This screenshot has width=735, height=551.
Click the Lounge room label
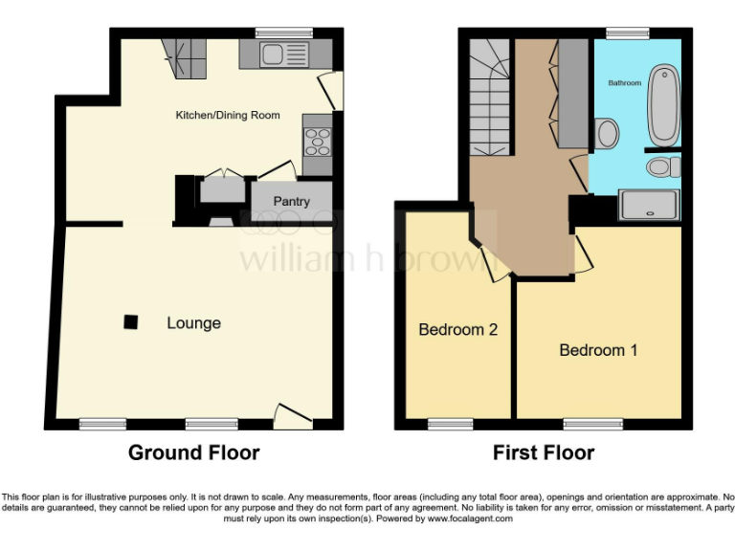pyautogui.click(x=193, y=323)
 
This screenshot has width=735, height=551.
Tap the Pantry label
pyautogui.click(x=291, y=202)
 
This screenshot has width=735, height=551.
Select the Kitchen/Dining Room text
pyautogui.click(x=227, y=115)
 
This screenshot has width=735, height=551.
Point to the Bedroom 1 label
pyautogui.click(x=598, y=350)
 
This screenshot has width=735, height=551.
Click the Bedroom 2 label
pyautogui.click(x=457, y=330)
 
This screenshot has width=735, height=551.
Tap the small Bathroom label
pyautogui.click(x=625, y=83)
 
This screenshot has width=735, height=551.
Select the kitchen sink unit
pyautogui.click(x=284, y=54)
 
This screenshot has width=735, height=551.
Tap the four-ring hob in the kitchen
pyautogui.click(x=317, y=142)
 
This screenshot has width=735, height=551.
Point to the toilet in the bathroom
pyautogui.click(x=661, y=168)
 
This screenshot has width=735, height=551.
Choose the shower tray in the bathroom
pyautogui.click(x=650, y=205)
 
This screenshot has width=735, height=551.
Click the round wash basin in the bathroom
pyautogui.click(x=607, y=134)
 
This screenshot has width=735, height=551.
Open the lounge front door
pyautogui.click(x=292, y=414)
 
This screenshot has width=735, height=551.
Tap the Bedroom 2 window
pyautogui.click(x=450, y=424)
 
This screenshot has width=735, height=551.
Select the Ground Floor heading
pyautogui.click(x=193, y=452)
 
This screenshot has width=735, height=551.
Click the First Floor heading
pyautogui.click(x=543, y=452)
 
